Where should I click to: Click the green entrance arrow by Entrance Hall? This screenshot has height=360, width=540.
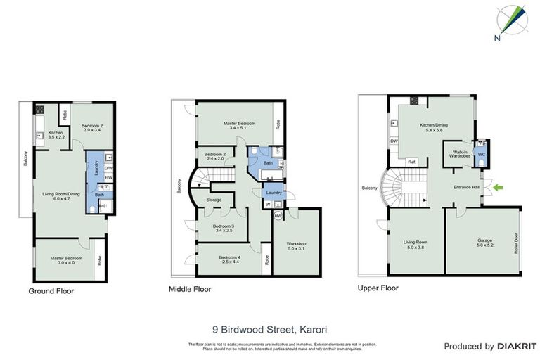coord(499,187)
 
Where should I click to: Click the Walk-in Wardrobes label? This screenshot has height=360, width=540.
coord(461,154)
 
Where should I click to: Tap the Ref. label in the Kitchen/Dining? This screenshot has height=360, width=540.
coord(413,162)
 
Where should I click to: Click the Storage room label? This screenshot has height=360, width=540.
coord(214,200)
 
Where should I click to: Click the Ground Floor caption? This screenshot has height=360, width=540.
coord(51,290)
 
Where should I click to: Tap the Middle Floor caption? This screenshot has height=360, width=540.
coord(190,289)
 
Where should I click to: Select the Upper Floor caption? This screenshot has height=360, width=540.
coord(378,288)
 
